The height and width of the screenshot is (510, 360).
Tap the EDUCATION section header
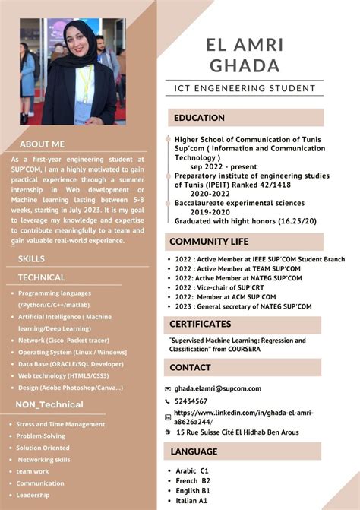click(x=200, y=118)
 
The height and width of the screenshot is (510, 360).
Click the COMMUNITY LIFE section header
click(x=209, y=242)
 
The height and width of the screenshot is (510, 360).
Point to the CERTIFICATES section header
click(x=201, y=323)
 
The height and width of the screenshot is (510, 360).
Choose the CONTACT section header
click(x=191, y=367)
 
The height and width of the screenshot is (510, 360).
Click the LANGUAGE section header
click(x=194, y=451)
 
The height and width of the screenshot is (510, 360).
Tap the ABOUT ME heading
click(x=43, y=144)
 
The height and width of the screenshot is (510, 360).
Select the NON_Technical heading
click(x=49, y=404)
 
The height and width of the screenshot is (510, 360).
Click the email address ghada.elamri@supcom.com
click(x=217, y=388)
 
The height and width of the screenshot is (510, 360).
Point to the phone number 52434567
click(x=191, y=401)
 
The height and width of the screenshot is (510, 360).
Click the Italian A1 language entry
click(x=192, y=501)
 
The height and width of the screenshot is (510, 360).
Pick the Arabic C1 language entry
click(x=192, y=471)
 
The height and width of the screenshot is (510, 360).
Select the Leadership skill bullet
click(x=33, y=495)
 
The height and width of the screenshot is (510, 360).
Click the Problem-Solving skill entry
click(x=41, y=436)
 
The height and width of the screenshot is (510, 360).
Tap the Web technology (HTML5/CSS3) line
click(x=64, y=375)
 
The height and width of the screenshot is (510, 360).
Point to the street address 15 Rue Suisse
click(x=237, y=432)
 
